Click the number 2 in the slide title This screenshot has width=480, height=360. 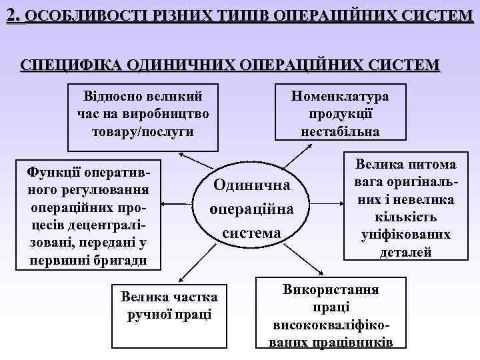pos(11,13)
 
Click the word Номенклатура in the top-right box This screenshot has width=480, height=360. pos(341,96)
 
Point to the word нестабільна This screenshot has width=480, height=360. pos(341,131)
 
